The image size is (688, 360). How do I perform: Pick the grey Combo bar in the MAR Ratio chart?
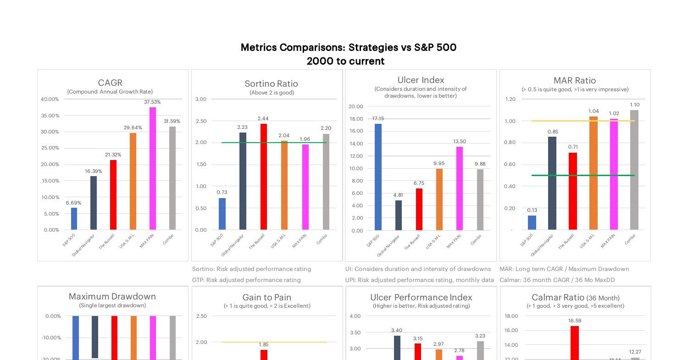tap(634, 170)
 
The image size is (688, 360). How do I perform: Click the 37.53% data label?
tap(152, 102)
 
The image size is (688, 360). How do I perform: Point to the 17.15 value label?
tap(378, 118)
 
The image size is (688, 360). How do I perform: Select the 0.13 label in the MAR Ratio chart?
tap(532, 210)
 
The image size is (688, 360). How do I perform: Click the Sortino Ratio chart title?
tap(271, 83)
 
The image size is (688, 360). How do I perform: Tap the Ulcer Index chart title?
tap(421, 80)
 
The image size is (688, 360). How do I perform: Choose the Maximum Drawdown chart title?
tap(112, 296)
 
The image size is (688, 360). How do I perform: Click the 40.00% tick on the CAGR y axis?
tap(50, 99)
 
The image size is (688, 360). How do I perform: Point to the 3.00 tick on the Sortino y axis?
tap(201, 99)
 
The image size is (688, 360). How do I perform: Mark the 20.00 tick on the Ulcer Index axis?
tap(355, 106)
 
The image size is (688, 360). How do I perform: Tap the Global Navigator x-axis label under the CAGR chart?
tap(83, 245)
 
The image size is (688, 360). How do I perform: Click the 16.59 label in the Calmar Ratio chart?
tap(574, 321)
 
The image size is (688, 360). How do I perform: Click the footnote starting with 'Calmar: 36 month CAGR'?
tap(557, 280)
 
